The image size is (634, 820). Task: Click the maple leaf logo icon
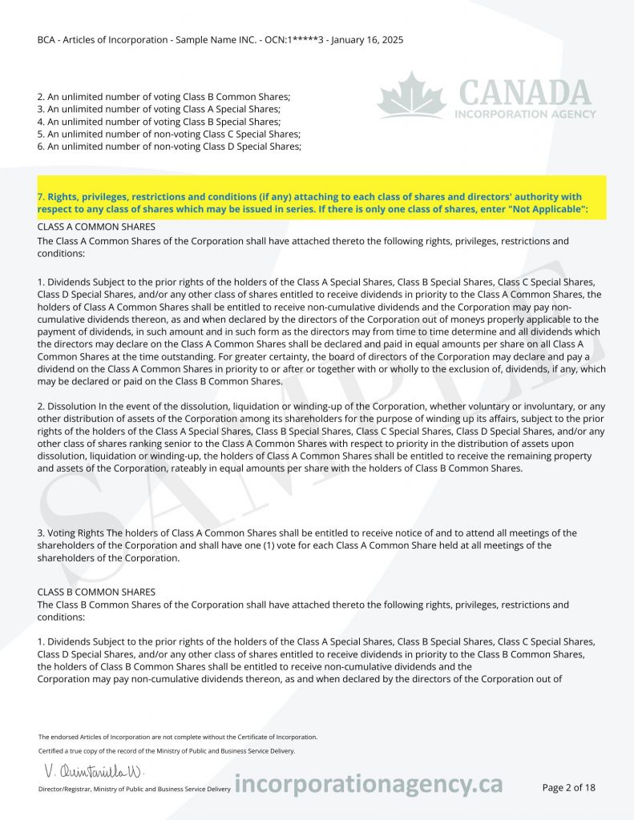click(411, 96)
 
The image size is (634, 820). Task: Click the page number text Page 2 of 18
click(568, 787)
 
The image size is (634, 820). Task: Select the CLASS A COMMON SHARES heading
click(96, 227)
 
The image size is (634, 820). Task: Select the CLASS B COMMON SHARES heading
click(96, 592)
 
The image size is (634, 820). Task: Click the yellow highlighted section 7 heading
click(321, 203)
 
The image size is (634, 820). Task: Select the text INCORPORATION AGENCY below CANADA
click(525, 114)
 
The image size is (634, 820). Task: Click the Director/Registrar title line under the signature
click(134, 790)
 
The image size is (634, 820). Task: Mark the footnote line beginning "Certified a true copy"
click(167, 751)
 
